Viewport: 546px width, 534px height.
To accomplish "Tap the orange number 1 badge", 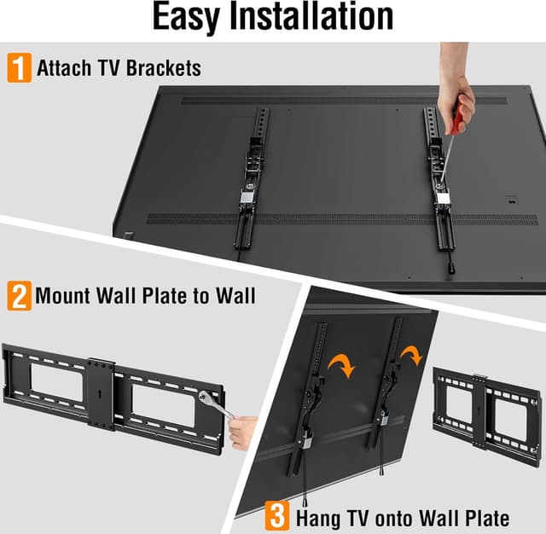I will tap(18, 67).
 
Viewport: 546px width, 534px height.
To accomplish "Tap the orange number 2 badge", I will tap(18, 297).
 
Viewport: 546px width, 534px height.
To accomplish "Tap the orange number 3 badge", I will tap(277, 516).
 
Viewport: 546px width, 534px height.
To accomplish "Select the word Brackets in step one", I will tap(166, 68).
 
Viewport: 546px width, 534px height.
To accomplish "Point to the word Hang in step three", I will tap(318, 517).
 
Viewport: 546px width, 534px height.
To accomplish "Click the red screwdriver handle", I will tap(459, 115).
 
